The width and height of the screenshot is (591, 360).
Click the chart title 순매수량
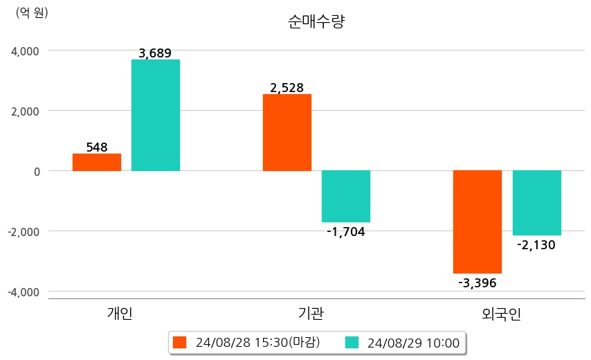316,21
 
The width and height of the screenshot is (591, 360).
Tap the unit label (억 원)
32,12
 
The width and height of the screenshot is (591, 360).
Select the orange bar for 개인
97,162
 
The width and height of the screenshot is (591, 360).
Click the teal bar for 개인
156,115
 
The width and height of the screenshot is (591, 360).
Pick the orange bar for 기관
287,132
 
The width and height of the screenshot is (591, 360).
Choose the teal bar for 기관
346,196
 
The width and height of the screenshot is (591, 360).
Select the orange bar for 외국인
478,222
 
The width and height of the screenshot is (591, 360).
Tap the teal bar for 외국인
537,203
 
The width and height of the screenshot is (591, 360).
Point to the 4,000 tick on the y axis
24,51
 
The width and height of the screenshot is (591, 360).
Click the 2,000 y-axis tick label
24,111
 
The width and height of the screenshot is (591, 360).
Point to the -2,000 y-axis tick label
23,231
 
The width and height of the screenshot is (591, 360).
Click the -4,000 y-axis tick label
23,292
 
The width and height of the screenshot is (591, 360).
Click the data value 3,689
155,53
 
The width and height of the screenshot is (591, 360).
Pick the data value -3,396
478,282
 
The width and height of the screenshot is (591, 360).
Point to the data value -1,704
345,232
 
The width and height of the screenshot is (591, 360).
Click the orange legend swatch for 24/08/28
180,343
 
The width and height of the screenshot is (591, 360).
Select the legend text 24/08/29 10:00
414,343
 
